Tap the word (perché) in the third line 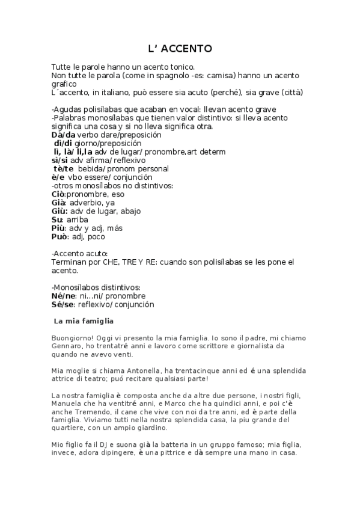click(224, 93)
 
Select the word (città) click(290, 93)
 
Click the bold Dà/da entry click(64, 135)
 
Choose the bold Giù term click(59, 211)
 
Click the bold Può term click(59, 236)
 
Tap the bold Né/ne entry click(64, 296)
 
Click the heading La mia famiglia click(84, 321)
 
